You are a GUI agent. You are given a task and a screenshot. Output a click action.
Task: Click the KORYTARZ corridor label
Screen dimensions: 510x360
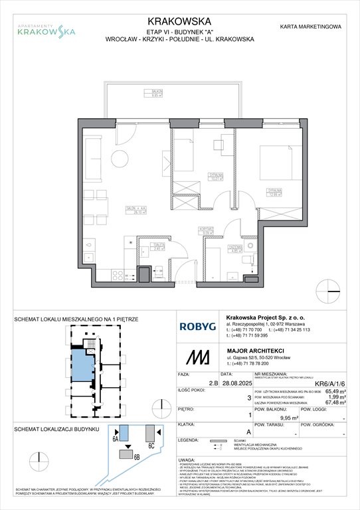[208, 231]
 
